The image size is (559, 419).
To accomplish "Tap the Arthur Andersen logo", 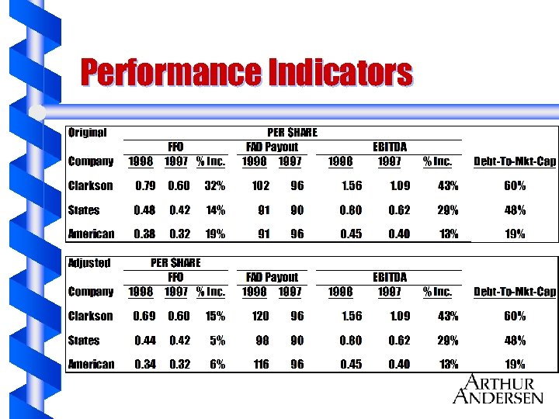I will pos(498,389).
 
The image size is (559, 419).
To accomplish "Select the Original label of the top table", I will pos(87,133).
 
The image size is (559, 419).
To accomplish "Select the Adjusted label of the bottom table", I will pos(89,263).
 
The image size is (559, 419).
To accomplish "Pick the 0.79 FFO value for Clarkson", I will pos(144,186).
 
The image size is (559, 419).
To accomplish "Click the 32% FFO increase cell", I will pos(214,186).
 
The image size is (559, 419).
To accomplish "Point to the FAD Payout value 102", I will pos(260,186).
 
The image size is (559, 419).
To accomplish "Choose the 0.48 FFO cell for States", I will pos(144,210).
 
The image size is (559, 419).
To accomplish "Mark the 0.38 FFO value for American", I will pos(144,234).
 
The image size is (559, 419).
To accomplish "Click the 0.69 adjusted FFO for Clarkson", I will pos(144,317).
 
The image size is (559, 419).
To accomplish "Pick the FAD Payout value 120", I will pos(260,317).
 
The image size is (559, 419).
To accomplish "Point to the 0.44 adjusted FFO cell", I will pos(144,341).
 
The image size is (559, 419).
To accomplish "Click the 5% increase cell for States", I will pos(217,341).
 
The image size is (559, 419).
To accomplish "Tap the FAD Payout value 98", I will pos(262,341).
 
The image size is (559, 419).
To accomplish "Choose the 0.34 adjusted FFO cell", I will pos(144,364).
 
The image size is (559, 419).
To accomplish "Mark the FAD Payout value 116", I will pos(260,364).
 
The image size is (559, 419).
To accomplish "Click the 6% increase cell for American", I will pos(217,364).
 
